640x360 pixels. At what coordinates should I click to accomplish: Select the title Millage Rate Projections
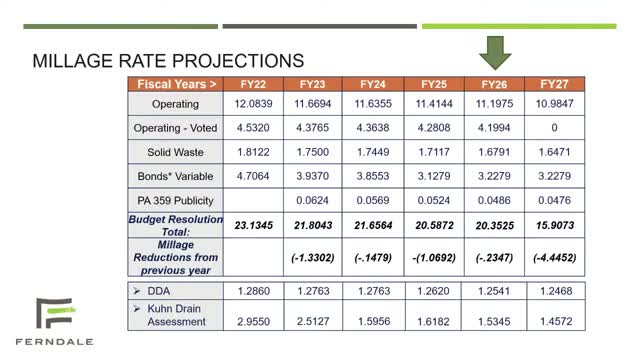tap(169, 60)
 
